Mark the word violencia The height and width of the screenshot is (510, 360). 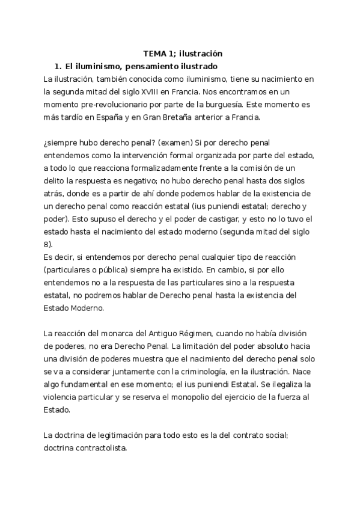pos(63,398)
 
